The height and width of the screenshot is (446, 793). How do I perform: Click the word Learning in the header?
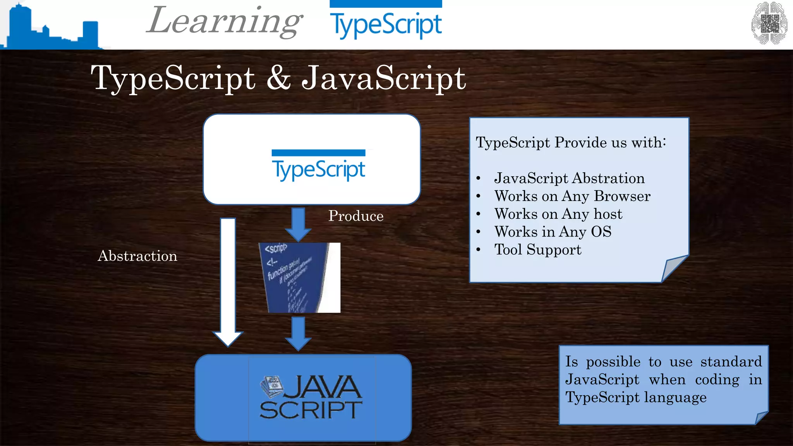(x=224, y=21)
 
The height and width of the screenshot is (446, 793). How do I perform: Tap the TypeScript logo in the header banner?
(x=386, y=21)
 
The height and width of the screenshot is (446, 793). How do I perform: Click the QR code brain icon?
(x=769, y=23)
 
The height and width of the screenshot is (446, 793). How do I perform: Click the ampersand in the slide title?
(x=278, y=78)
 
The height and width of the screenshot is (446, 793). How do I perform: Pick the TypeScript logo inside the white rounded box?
(x=318, y=166)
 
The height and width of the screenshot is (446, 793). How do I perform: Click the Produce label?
(x=356, y=216)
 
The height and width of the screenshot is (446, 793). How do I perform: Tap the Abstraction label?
(x=137, y=256)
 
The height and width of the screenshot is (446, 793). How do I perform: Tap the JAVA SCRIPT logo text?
(x=311, y=398)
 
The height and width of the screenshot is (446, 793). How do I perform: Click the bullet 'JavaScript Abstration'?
(x=569, y=178)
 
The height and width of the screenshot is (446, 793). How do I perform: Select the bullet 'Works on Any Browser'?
(x=572, y=196)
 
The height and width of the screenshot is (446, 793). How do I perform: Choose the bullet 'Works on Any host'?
(x=558, y=214)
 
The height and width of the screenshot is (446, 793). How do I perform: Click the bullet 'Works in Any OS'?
(x=553, y=232)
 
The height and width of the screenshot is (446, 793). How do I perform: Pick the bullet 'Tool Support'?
(x=538, y=250)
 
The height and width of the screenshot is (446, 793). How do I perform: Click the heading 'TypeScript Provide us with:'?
(x=571, y=142)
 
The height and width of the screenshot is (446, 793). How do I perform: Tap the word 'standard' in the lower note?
(x=731, y=362)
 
